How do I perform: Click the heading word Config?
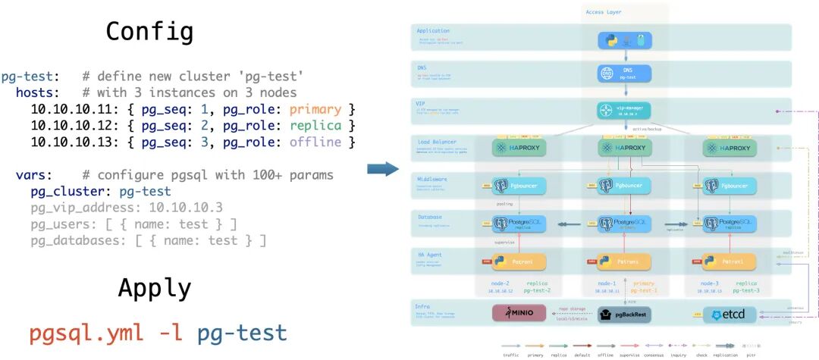tap(149, 31)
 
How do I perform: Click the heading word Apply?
tap(154, 288)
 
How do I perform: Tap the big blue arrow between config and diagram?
tap(388, 167)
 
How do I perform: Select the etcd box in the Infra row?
tap(730, 314)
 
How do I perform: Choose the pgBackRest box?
tap(626, 314)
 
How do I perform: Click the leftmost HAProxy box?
tap(519, 148)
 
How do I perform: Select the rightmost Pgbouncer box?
tap(729, 186)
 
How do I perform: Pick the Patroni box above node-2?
tap(519, 261)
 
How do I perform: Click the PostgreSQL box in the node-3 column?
tap(729, 224)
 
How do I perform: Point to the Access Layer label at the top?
tap(604, 12)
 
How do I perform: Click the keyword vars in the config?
tap(31, 175)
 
